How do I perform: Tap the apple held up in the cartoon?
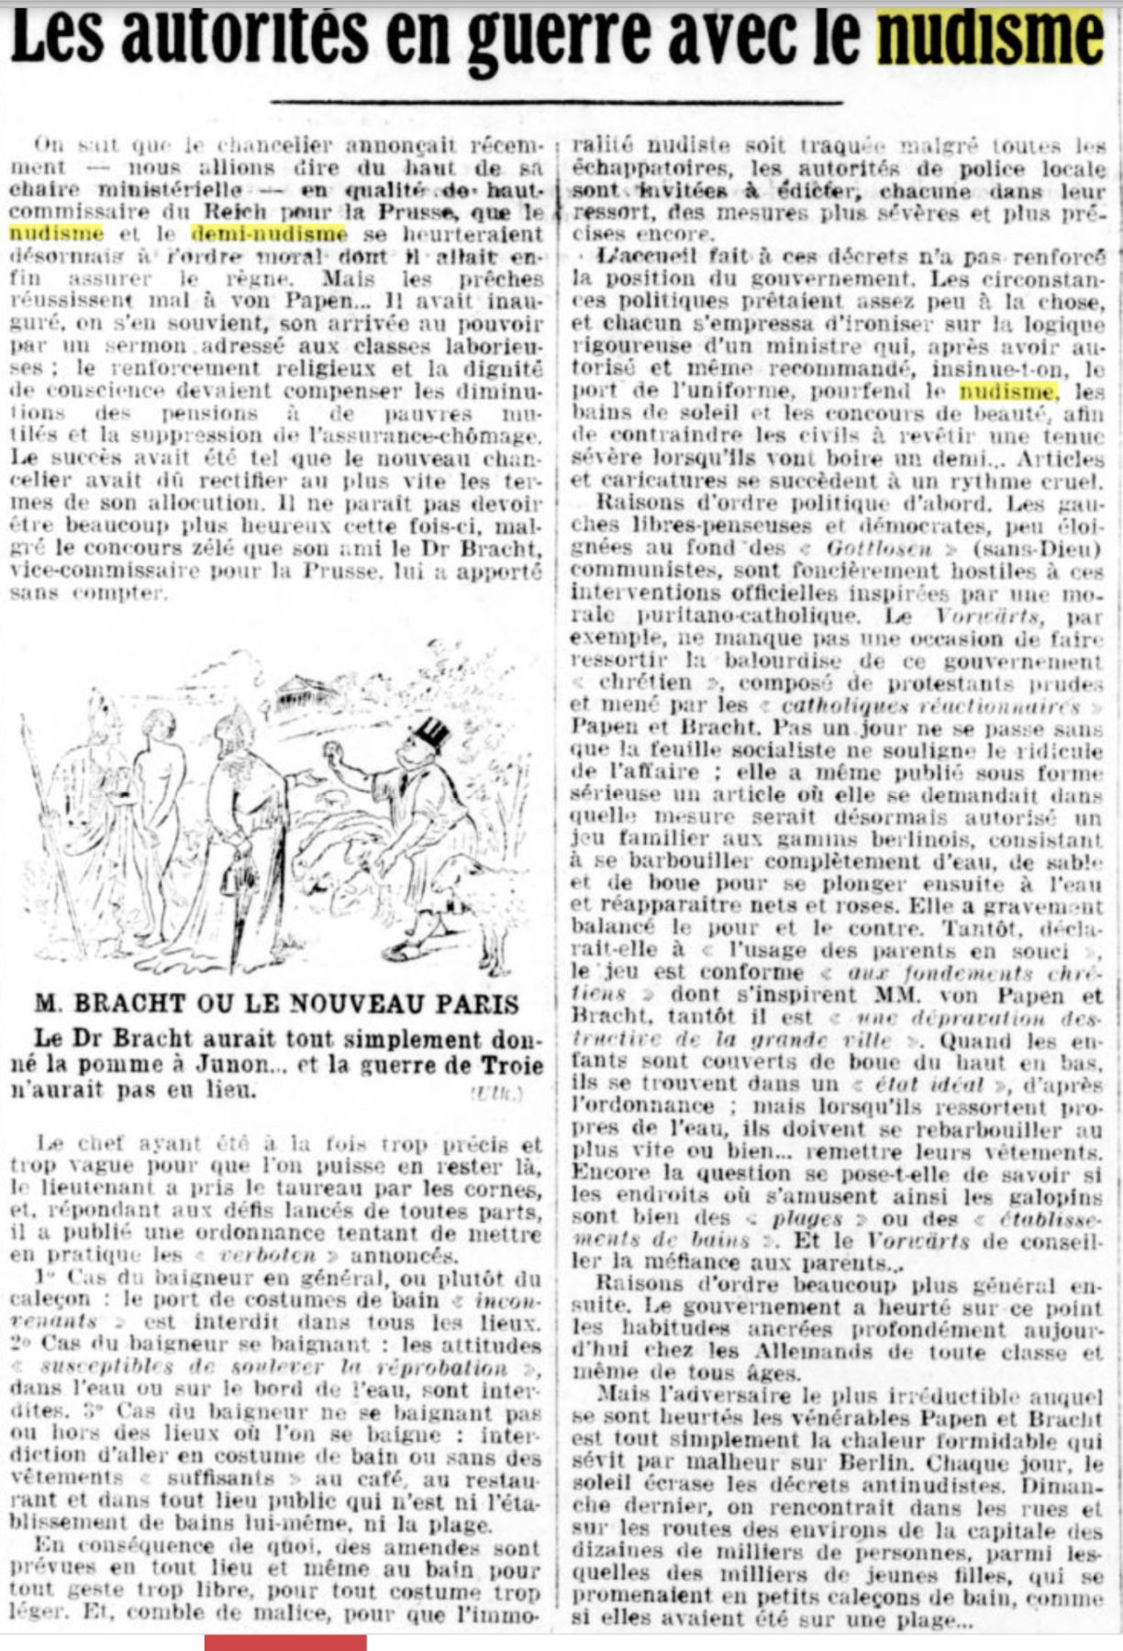[336, 754]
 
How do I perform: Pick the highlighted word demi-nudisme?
[268, 236]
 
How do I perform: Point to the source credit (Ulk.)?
[496, 1091]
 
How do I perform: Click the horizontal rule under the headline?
[556, 101]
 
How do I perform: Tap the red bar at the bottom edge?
[285, 1642]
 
